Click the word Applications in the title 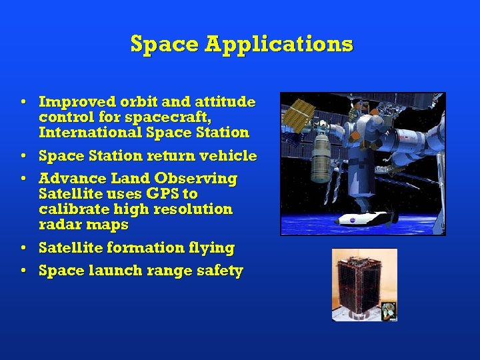coord(279,44)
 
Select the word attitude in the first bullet coord(225,102)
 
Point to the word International coord(89,132)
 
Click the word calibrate coord(69,209)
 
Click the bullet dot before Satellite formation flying coord(23,248)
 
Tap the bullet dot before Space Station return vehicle coord(23,156)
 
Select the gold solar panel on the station coord(298,115)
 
